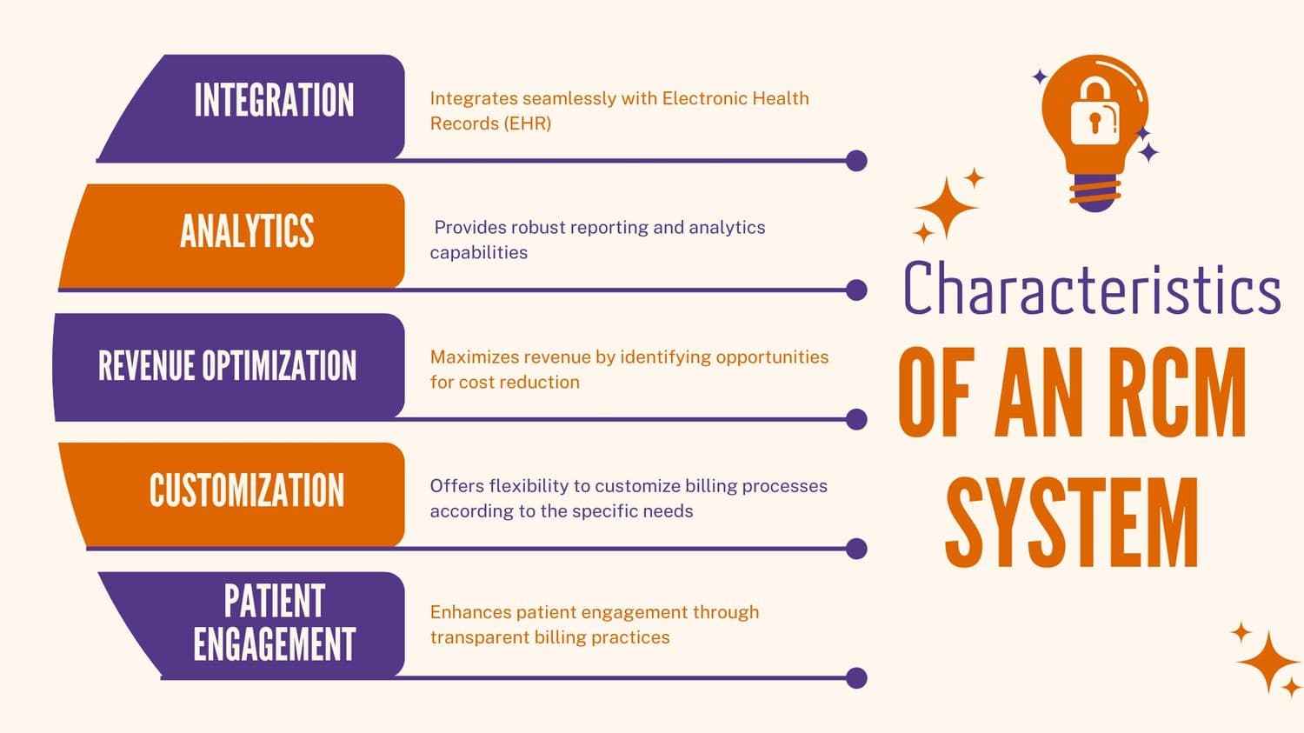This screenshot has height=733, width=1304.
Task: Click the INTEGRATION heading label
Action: [x=274, y=100]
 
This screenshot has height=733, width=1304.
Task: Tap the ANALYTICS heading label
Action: [x=247, y=231]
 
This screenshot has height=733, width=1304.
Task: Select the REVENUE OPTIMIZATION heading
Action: [x=227, y=366]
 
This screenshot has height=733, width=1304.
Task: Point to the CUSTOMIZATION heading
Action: [x=247, y=490]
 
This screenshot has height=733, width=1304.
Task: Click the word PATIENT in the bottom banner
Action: [x=274, y=601]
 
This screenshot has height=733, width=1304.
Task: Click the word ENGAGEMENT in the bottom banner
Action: [x=274, y=644]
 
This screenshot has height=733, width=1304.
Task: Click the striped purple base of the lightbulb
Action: [x=1094, y=192]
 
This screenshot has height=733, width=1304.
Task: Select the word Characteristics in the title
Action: [x=1092, y=289]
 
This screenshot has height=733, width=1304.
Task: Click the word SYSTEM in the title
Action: [x=1072, y=523]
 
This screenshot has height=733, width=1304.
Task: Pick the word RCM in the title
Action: [x=1177, y=393]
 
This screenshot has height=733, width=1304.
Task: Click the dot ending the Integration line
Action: [x=856, y=161]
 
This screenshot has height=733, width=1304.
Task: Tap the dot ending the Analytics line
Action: [x=856, y=290]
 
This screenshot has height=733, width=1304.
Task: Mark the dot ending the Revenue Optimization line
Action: [x=856, y=419]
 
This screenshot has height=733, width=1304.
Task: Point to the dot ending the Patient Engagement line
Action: [x=856, y=678]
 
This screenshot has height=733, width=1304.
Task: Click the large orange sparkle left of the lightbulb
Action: [x=946, y=207]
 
